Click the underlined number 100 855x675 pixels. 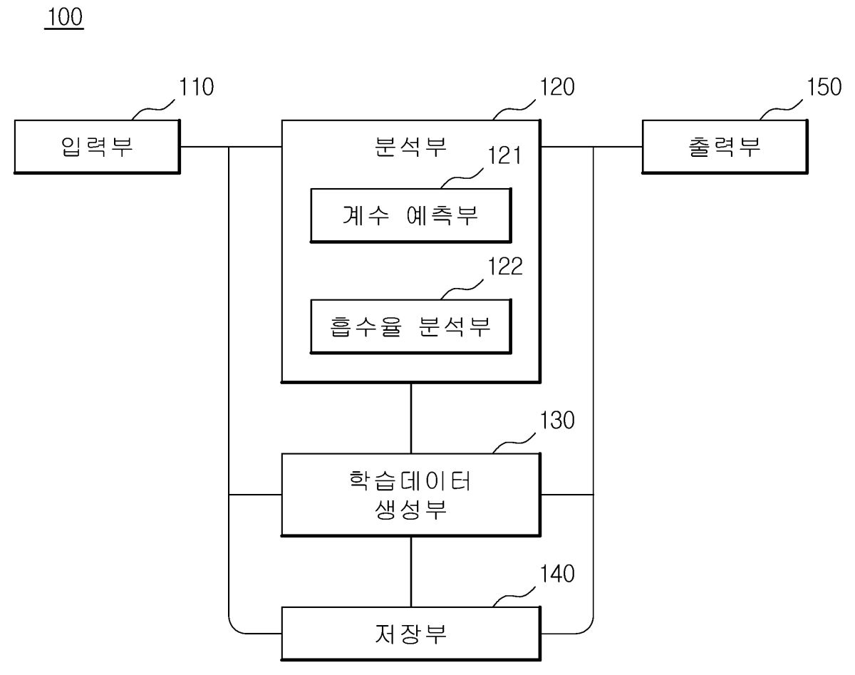[x=64, y=19]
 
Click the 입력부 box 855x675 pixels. [x=97, y=147]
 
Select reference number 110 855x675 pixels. [x=195, y=88]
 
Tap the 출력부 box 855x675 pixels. [x=725, y=147]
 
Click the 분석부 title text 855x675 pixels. [x=410, y=147]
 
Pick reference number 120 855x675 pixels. [x=557, y=88]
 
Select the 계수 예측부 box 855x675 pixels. [x=410, y=215]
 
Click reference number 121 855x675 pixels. [x=504, y=156]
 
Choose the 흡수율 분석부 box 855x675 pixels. [x=410, y=326]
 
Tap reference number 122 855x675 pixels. [x=504, y=267]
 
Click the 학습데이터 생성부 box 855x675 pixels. [x=410, y=495]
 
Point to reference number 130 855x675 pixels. [x=557, y=421]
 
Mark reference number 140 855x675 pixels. [x=557, y=574]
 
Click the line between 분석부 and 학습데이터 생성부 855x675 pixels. [x=411, y=418]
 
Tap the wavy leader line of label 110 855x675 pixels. [x=155, y=110]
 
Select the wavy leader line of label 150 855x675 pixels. [x=782, y=110]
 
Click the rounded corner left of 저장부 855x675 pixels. [x=234, y=627]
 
